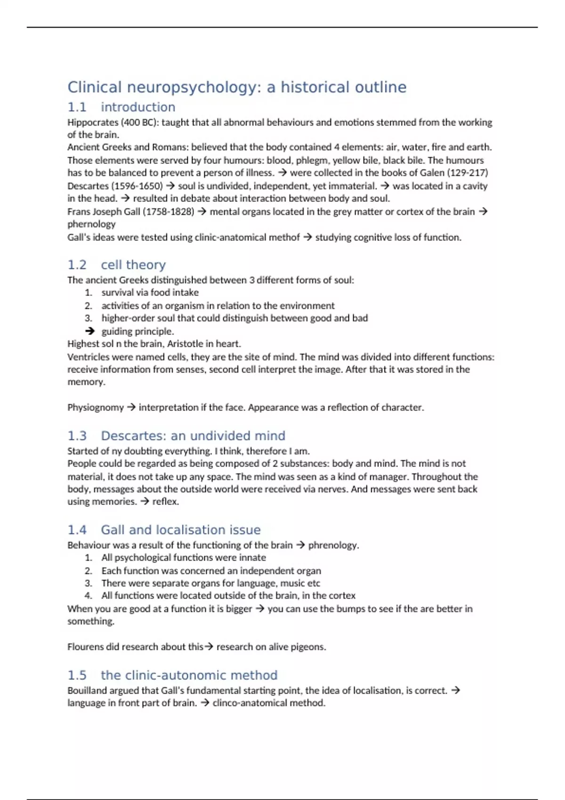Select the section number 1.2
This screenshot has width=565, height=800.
[77, 265]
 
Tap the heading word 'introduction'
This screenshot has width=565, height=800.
[138, 107]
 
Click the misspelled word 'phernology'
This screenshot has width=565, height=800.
[91, 224]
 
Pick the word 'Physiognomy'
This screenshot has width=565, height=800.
[96, 408]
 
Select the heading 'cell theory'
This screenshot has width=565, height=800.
[133, 265]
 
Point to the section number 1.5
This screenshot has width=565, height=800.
[77, 675]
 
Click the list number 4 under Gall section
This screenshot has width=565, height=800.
[89, 596]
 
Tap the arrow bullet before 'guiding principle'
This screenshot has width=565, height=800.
[89, 331]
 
